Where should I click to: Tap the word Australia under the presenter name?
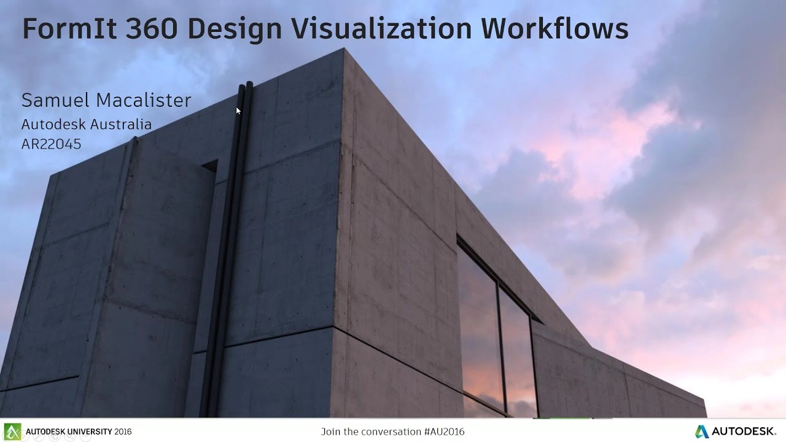pyautogui.click(x=123, y=125)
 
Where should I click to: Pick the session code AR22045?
pyautogui.click(x=51, y=144)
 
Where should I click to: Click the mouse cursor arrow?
pyautogui.click(x=238, y=110)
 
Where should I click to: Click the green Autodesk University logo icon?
pyautogui.click(x=12, y=431)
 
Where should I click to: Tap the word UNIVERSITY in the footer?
pyautogui.click(x=86, y=432)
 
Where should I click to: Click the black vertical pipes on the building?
pyautogui.click(x=236, y=246)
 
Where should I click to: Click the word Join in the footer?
pyautogui.click(x=331, y=432)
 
